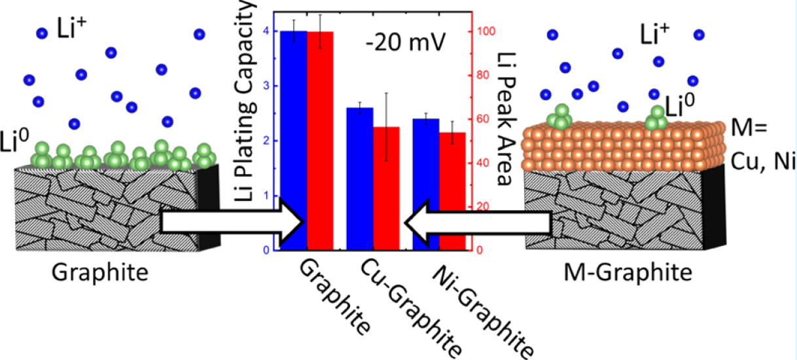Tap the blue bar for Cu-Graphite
point(360,177)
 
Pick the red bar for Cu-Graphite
point(387,187)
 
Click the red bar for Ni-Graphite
point(453,190)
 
